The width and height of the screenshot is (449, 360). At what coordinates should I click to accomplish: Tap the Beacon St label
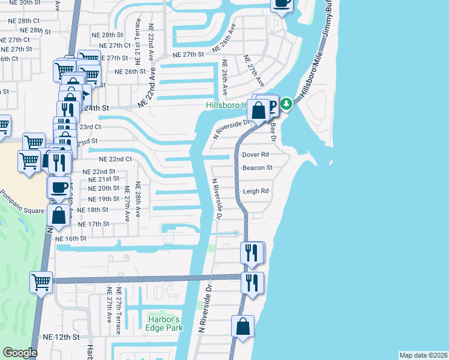point(258,168)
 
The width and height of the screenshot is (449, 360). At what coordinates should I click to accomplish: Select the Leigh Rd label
point(256,191)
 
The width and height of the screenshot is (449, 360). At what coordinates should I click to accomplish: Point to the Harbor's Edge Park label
point(164,323)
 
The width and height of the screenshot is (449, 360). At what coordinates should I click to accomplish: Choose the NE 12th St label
point(62,337)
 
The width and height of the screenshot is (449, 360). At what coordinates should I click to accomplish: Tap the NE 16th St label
point(71,238)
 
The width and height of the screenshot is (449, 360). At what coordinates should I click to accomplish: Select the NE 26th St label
point(130,71)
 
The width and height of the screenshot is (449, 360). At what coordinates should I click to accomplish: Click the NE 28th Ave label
point(137,201)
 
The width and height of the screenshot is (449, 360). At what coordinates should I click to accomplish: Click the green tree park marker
point(287,104)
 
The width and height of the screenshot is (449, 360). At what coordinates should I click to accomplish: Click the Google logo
point(20,353)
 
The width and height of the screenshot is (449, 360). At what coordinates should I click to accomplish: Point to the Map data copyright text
point(423,355)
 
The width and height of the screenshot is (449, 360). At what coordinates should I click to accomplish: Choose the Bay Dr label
point(274,129)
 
